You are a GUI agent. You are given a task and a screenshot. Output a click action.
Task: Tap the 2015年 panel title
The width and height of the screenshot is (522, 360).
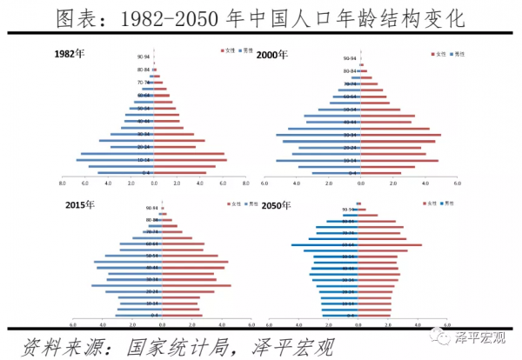(81, 205)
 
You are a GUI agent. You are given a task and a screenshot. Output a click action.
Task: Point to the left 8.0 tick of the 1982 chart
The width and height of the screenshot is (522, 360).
(62, 183)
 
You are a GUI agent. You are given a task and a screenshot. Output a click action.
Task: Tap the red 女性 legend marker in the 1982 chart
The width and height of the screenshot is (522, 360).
(199, 50)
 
